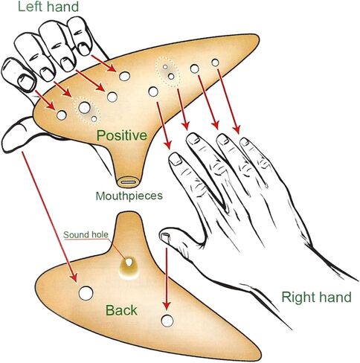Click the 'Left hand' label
48,6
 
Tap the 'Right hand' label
317,297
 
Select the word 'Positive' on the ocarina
122,135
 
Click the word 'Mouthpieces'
129,196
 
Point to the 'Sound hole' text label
86,234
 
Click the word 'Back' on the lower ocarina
121,310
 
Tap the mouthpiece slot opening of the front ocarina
128,182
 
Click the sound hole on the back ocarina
129,263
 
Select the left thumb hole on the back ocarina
86,293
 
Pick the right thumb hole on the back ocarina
167,321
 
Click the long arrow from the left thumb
50,216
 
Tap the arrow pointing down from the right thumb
167,279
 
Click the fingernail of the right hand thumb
165,237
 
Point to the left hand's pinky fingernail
26,83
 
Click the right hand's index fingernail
176,159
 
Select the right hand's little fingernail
245,142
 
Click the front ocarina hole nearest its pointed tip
215,62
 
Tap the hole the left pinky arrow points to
62,115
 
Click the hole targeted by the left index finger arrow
124,76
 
